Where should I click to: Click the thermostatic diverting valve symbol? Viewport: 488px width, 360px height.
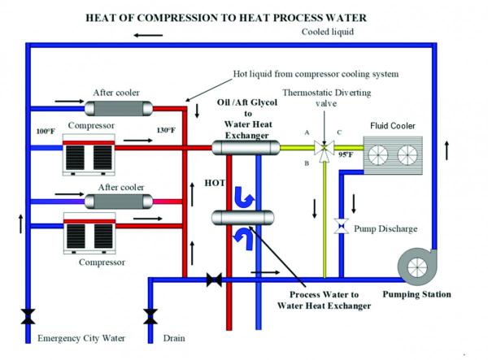click(x=324, y=148)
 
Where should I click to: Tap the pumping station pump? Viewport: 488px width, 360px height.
click(x=417, y=267)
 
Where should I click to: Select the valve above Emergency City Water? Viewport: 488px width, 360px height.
click(x=28, y=316)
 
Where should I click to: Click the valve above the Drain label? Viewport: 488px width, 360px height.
click(x=150, y=316)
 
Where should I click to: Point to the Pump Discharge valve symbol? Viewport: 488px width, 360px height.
click(x=342, y=226)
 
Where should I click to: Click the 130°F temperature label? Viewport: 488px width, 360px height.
click(x=166, y=130)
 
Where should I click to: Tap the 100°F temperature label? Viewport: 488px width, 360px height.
click(x=46, y=131)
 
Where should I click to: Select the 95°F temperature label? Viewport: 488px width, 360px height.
click(x=346, y=154)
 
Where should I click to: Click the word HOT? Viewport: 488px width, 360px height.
click(x=215, y=183)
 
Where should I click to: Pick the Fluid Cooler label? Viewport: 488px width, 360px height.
click(x=393, y=126)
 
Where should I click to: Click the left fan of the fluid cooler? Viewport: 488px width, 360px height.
click(x=378, y=155)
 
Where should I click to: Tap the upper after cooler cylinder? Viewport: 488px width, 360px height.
click(x=119, y=109)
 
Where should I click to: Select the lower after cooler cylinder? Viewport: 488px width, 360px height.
click(x=119, y=202)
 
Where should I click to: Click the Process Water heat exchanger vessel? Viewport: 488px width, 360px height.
click(x=242, y=218)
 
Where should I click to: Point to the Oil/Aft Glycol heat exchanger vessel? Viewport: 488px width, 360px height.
click(x=246, y=147)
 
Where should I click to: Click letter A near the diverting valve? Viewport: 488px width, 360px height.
click(x=307, y=132)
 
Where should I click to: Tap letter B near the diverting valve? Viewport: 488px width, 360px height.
click(x=307, y=163)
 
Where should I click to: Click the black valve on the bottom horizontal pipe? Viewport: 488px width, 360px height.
click(x=214, y=280)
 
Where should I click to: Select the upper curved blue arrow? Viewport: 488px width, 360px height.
click(x=244, y=197)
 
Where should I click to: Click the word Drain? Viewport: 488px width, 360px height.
click(x=174, y=338)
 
